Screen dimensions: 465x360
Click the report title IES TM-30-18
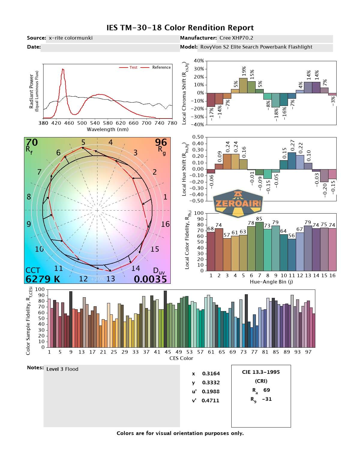tap(180, 28)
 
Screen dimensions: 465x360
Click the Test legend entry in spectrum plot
tap(133, 67)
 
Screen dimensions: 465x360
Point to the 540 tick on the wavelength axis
tap(95, 123)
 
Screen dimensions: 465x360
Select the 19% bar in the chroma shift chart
tap(243, 85)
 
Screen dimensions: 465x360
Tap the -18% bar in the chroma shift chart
tap(276, 100)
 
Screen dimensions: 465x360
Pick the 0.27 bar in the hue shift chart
tap(292, 161)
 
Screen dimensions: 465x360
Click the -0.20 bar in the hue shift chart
tap(324, 175)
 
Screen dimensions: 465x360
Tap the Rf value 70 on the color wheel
tap(32, 142)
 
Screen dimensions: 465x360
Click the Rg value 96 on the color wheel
tap(161, 142)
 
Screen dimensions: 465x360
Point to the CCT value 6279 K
tap(43, 279)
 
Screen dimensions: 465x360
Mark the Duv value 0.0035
tap(150, 279)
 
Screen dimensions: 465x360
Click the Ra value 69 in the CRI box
tap(266, 390)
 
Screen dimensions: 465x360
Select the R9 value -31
tap(267, 399)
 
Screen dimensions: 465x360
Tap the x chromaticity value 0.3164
tap(211, 373)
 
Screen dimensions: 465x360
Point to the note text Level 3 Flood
tap(62, 369)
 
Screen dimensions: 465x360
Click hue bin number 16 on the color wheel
tap(165, 224)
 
